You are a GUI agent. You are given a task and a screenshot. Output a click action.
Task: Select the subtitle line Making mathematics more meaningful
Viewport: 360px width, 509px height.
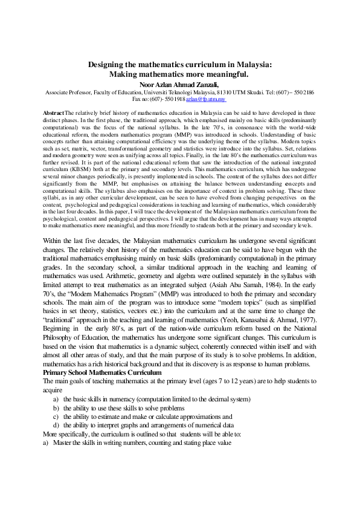pyautogui.click(x=179, y=74)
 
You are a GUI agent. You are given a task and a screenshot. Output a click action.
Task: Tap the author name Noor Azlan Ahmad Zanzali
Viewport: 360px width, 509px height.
pyautogui.click(x=179, y=84)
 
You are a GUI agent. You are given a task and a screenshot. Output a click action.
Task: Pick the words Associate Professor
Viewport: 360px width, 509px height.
pyautogui.click(x=70, y=92)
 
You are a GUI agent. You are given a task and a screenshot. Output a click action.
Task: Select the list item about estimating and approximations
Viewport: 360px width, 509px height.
pyautogui.click(x=142, y=417)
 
